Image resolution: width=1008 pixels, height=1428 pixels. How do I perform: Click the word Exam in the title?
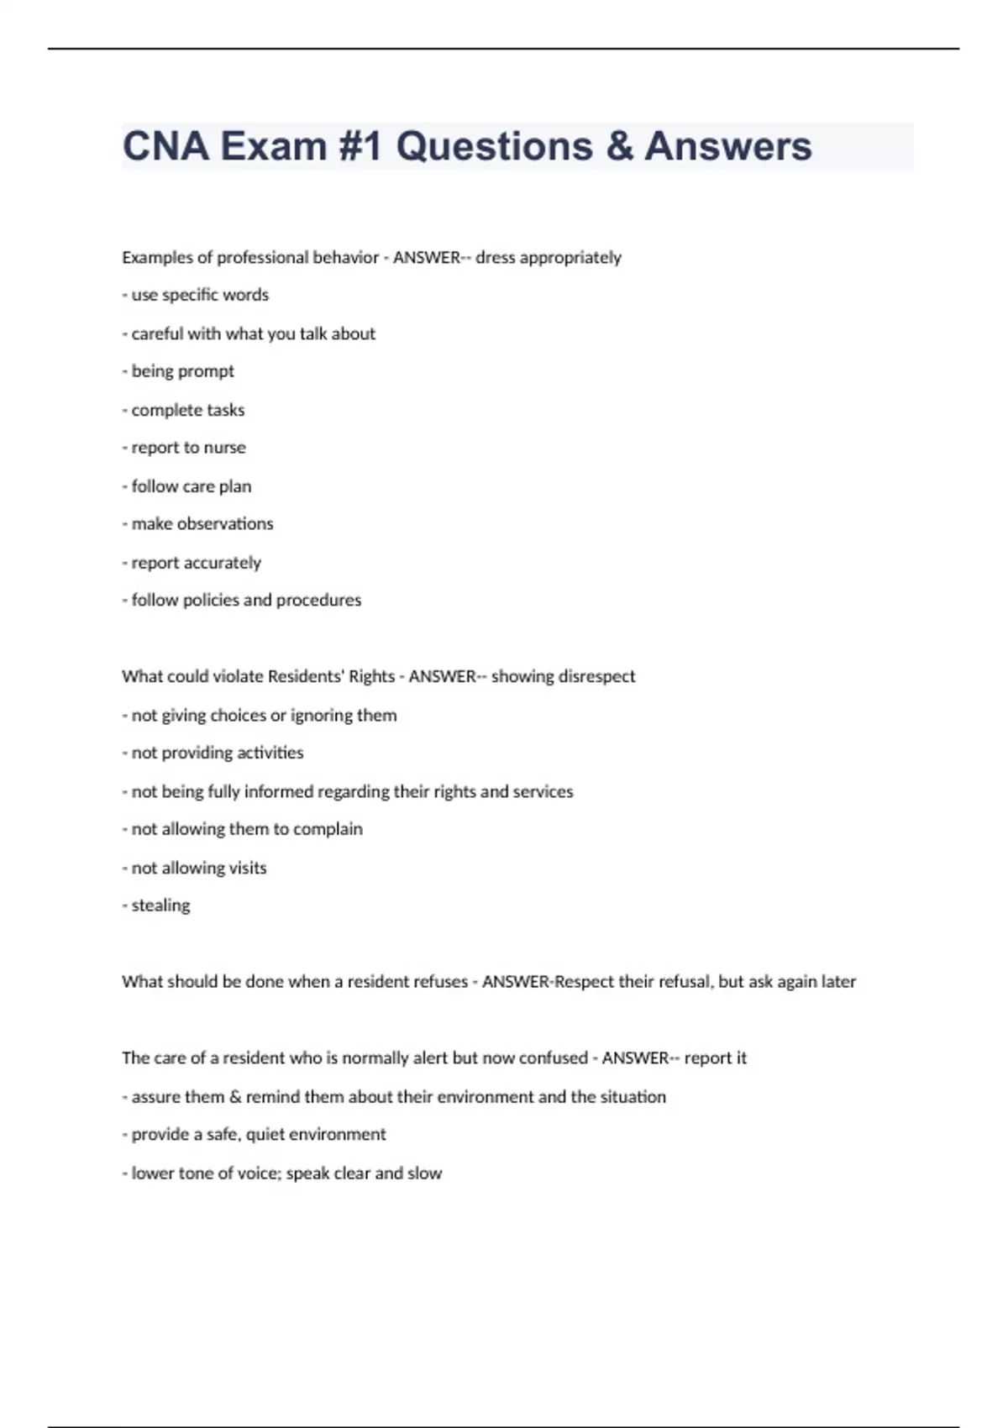tap(273, 146)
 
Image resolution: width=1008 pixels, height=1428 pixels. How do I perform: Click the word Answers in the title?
tap(727, 146)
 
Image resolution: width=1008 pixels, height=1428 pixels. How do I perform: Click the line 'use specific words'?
tap(200, 295)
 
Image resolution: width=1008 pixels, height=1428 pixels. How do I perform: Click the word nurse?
tap(224, 448)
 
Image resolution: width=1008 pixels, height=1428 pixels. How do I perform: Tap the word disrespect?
tap(595, 676)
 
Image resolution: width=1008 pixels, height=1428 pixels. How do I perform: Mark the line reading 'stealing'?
tap(160, 906)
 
